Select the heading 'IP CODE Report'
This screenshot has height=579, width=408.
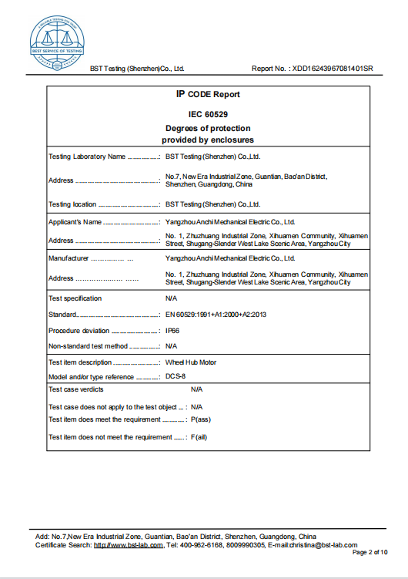click(x=208, y=95)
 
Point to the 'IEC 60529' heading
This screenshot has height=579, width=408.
click(x=208, y=114)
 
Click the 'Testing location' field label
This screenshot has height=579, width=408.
click(x=72, y=204)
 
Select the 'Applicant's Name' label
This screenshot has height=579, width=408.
click(x=75, y=222)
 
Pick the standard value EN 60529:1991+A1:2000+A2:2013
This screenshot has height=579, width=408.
click(x=216, y=315)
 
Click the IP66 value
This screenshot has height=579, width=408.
click(x=173, y=330)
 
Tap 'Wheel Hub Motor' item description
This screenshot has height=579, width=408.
click(x=192, y=362)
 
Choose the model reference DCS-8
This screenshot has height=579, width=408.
click(x=176, y=377)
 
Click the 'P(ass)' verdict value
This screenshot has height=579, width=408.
click(x=200, y=420)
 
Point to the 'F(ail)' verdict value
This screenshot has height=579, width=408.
click(x=199, y=437)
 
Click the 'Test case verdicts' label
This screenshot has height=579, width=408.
click(x=76, y=390)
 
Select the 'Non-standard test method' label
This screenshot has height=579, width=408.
click(x=88, y=346)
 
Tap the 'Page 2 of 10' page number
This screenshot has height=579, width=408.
click(x=370, y=553)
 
